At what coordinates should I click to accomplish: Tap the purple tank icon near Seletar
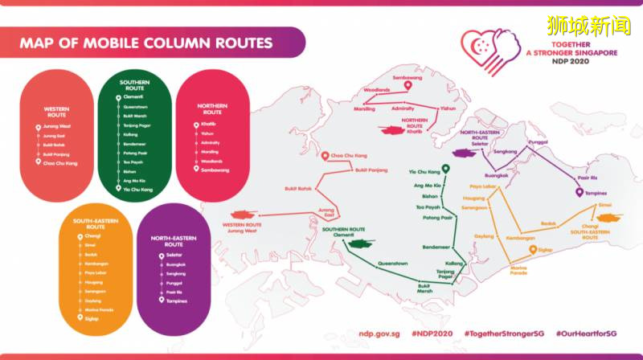pyautogui.click(x=465, y=153)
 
